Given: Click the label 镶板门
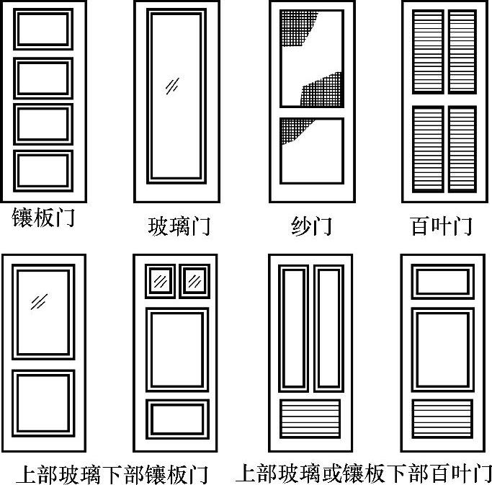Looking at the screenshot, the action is coord(43,217).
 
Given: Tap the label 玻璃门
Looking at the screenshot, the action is coord(179,226).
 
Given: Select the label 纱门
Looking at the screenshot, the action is coord(312,226).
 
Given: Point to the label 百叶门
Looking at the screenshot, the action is coord(441,226).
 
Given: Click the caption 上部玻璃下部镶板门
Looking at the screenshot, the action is coord(112,474).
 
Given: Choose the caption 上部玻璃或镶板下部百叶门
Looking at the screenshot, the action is coord(364,473).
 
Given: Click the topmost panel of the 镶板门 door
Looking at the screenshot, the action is coord(43,30).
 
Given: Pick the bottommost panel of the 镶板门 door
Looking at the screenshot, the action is coord(43,171).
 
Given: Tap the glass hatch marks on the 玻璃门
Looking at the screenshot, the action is coord(172,86).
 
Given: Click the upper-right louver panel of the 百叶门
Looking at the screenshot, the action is coord(462,52).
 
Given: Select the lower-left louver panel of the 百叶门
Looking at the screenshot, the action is coord(428,149).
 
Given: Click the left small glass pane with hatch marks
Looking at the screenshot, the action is coord(160,281).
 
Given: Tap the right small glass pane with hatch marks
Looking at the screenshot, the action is coord(194,281).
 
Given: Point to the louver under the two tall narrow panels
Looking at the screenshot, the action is coord(310,419).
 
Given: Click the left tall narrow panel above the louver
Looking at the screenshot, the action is coord(293,329).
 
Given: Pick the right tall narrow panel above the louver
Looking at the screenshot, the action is coord(328,329).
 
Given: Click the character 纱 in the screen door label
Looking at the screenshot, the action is coord(301,226).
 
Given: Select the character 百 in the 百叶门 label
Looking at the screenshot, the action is coord(420,226).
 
